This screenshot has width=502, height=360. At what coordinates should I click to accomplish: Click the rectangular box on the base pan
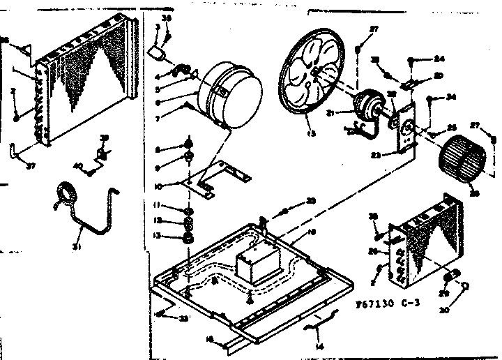[x=253, y=264]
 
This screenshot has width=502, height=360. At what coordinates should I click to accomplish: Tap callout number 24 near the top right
[x=439, y=59]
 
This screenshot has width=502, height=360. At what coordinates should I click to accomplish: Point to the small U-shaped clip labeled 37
[x=15, y=151]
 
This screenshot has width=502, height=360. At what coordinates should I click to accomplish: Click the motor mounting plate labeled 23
[x=401, y=129]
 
